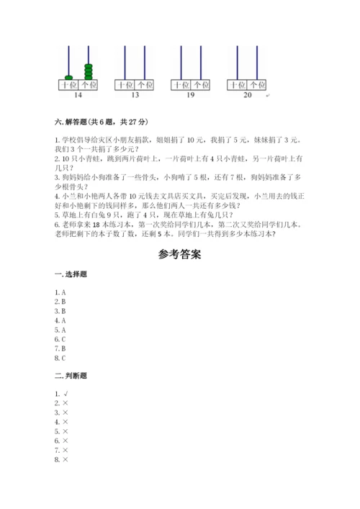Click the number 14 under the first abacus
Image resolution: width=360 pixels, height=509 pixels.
(x=78, y=94)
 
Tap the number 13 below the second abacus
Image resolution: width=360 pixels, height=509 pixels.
(x=135, y=94)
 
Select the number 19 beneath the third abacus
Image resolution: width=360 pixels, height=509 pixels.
(x=191, y=94)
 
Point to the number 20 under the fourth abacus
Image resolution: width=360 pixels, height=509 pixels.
(x=248, y=94)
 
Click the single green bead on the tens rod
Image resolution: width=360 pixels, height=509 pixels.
(x=69, y=76)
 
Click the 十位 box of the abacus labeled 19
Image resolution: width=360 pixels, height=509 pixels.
(x=181, y=85)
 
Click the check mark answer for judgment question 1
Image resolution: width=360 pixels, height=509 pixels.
(x=65, y=394)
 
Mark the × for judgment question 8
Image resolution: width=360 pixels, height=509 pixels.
(x=65, y=459)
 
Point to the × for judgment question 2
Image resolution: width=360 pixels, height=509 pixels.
(x=65, y=403)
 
